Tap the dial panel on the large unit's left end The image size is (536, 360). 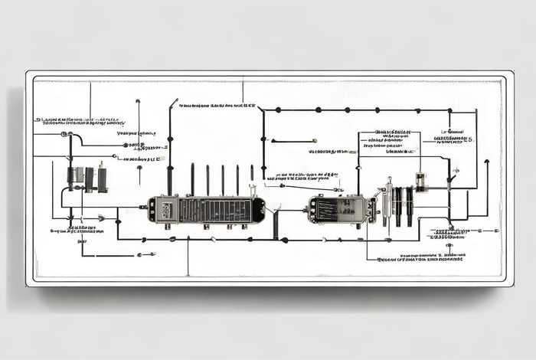click(162, 209)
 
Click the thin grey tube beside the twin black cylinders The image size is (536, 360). click(389, 201)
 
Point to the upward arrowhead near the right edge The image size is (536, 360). click(486, 162)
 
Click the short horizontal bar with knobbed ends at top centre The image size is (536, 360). click(293, 140)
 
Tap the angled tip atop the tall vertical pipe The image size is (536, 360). click(174, 101)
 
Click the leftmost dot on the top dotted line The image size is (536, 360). click(277, 110)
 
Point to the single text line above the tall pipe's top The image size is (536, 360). click(217, 105)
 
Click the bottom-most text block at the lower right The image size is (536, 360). click(421, 258)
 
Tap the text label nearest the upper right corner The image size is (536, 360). click(453, 139)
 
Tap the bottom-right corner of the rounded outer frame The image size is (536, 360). click(511, 284)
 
